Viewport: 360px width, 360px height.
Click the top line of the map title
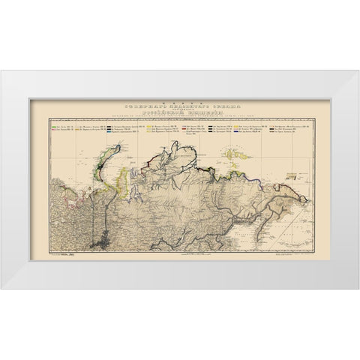[180, 106]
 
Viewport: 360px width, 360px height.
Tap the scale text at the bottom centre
[180, 256]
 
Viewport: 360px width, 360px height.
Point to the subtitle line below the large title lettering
[180, 119]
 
